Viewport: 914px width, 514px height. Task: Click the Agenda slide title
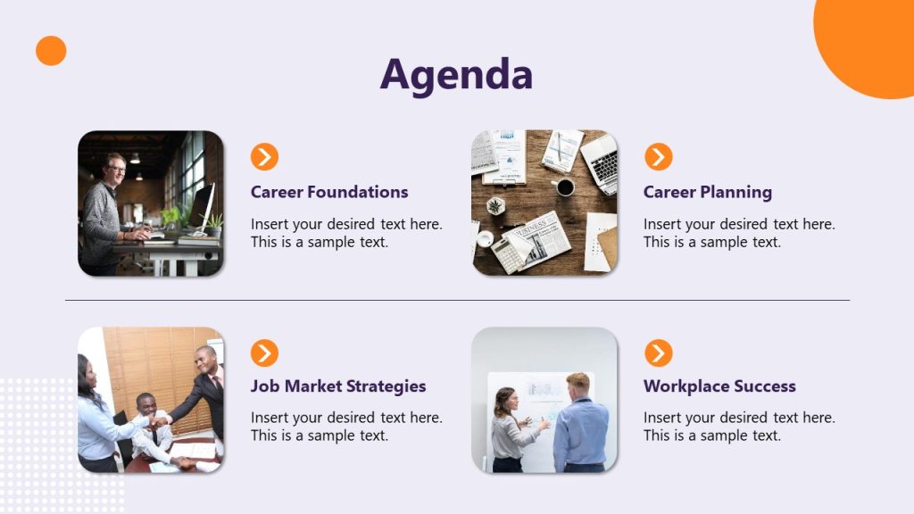coord(456,75)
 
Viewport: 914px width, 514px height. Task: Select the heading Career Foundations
coord(329,192)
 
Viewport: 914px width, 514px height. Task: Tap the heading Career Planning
coord(708,192)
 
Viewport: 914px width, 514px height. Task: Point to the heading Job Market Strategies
coord(338,386)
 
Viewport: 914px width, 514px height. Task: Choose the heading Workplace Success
coord(719,386)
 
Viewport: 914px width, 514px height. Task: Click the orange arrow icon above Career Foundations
coord(264,157)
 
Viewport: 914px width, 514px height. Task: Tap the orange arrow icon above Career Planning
coord(659,157)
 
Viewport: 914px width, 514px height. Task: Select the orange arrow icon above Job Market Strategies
coord(264,353)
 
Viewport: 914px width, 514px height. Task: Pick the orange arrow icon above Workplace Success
coord(659,353)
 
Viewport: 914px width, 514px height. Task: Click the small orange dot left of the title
coord(51,51)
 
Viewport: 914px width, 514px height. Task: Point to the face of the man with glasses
coord(115,168)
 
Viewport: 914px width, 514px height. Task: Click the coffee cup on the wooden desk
coord(564,187)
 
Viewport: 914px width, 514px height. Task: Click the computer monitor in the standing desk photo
coord(202,206)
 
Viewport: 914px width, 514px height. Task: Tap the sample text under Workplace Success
coord(739,427)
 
